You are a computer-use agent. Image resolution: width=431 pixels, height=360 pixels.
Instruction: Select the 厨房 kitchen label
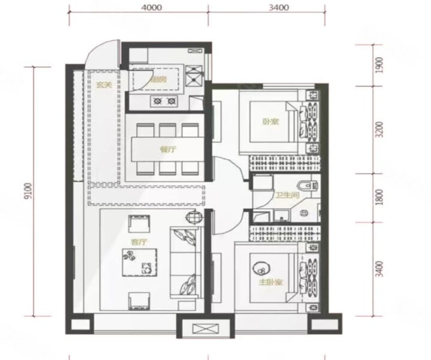click(158, 79)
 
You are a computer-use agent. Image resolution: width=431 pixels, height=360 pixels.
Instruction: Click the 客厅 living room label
click(139, 242)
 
